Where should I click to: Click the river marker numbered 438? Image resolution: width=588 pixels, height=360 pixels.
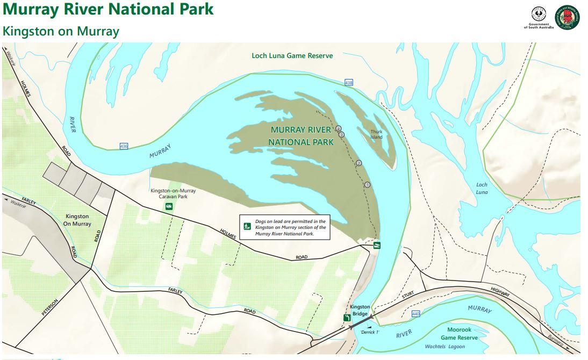[349, 83]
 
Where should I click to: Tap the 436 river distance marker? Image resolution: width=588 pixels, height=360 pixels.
[124, 146]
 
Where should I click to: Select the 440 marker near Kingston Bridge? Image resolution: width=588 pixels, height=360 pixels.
[415, 313]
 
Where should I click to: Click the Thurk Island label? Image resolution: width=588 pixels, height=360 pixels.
[376, 134]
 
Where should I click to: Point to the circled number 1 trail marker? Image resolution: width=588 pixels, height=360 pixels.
[368, 185]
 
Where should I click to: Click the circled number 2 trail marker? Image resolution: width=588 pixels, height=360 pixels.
[359, 163]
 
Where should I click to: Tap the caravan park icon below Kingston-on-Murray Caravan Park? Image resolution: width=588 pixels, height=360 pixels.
[169, 206]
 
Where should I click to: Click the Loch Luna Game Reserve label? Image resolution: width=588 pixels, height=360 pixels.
[292, 55]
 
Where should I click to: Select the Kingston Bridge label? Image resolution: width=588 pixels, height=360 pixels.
[360, 310]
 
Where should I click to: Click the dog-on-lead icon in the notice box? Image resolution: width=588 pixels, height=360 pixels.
[248, 227]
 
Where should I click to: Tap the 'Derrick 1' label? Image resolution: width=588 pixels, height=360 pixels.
[370, 332]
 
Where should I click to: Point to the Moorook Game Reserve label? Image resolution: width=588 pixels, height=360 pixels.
[459, 334]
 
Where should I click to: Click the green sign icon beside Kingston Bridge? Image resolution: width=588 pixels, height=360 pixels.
[347, 318]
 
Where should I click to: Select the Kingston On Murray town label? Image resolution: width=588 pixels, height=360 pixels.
[77, 220]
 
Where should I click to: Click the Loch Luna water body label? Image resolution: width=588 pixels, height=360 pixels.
[482, 188]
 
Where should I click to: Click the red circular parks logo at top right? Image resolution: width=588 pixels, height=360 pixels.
[567, 18]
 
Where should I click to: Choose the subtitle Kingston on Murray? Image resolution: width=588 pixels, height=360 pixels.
[61, 31]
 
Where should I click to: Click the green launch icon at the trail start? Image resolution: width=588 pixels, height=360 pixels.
[377, 246]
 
